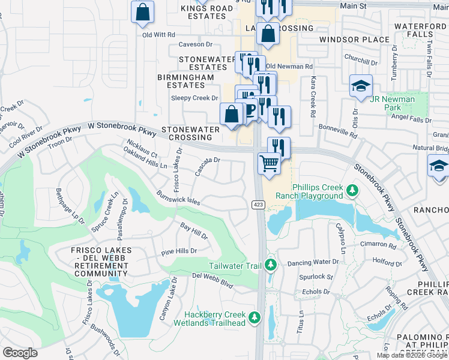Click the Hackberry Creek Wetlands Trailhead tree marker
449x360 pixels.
click(255, 317)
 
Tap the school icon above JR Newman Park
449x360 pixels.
click(361, 86)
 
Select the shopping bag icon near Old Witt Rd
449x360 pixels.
click(143, 13)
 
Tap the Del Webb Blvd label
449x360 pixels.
click(212, 280)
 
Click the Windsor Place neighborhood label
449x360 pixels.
click(354, 40)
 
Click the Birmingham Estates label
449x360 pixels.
click(185, 82)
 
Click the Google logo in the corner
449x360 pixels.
click(20, 353)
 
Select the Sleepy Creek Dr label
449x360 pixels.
click(194, 98)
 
